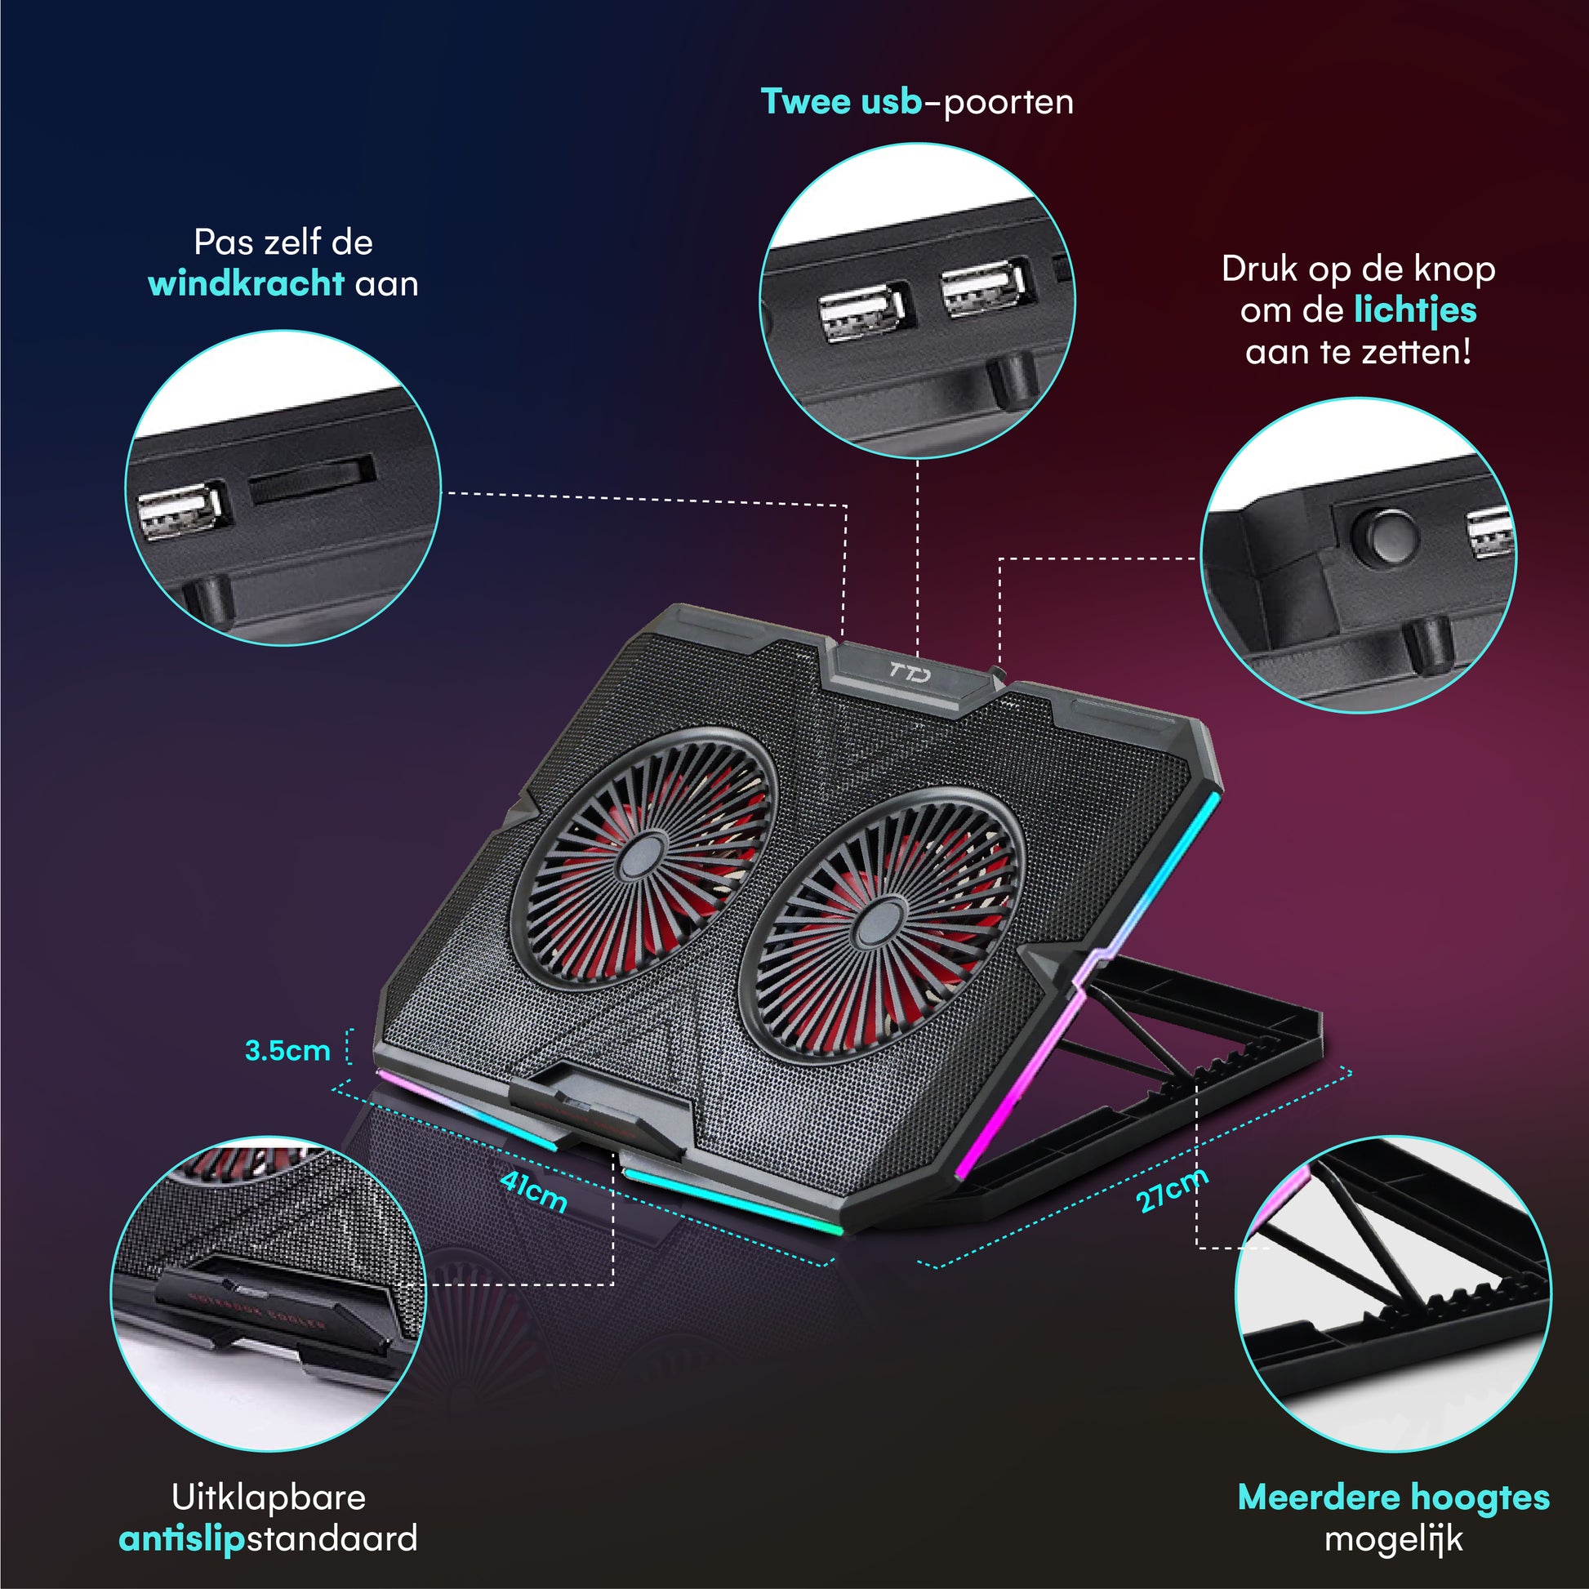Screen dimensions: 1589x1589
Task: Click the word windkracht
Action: tap(245, 284)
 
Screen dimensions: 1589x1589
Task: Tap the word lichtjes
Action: tap(1415, 310)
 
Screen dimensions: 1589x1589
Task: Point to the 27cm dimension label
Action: tap(1171, 1190)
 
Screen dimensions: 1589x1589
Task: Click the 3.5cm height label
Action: tap(287, 1050)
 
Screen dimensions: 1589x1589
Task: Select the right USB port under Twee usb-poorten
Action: tap(985, 288)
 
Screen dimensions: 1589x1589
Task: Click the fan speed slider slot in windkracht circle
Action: tap(313, 479)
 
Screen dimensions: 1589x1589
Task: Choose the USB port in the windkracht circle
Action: tap(182, 512)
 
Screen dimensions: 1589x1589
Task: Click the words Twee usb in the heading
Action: tap(840, 102)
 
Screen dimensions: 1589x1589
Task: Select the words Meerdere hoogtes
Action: tap(1392, 1497)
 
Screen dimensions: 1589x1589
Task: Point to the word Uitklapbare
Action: tap(268, 1497)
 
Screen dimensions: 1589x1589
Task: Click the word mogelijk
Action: tap(1392, 1539)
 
